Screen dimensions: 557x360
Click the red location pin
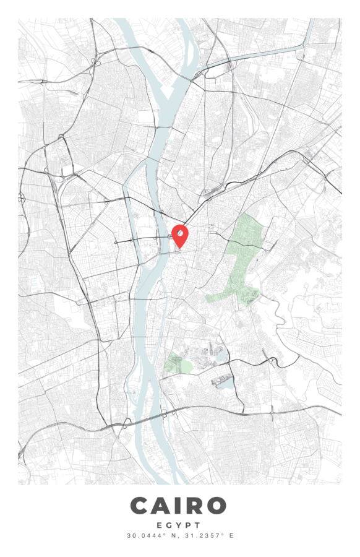tap(179, 235)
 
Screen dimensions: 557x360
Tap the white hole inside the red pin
tap(179, 233)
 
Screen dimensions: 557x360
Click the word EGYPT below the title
tap(179, 525)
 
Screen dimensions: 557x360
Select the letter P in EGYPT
tap(189, 525)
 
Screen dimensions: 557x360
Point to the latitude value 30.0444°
tap(144, 535)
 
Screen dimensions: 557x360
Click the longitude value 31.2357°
tap(206, 535)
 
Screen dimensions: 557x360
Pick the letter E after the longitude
tap(231, 535)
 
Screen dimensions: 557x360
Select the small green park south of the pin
tap(178, 363)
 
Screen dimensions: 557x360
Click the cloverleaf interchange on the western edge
tap(22, 198)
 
